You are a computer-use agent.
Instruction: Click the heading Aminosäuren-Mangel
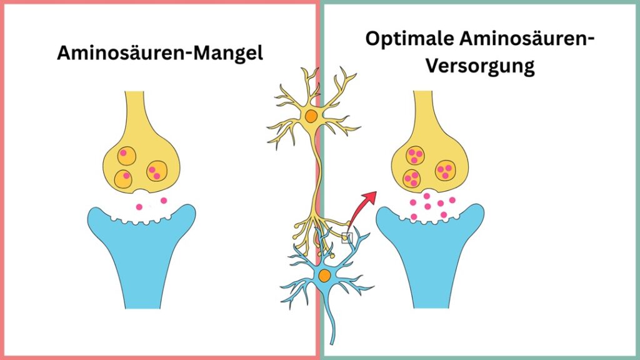[x=160, y=52]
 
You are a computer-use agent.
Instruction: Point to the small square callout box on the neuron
[x=347, y=237]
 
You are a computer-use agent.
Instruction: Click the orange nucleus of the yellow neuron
[x=311, y=116]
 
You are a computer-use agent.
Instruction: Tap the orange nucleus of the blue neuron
[x=324, y=276]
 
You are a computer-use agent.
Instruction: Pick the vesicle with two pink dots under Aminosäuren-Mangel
[x=156, y=171]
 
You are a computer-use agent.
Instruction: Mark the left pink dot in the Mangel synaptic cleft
[x=139, y=207]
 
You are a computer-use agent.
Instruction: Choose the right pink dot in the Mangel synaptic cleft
[x=164, y=201]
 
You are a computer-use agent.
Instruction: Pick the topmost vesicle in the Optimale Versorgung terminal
[x=415, y=154]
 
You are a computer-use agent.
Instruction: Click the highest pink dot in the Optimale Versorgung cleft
[x=427, y=196]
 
